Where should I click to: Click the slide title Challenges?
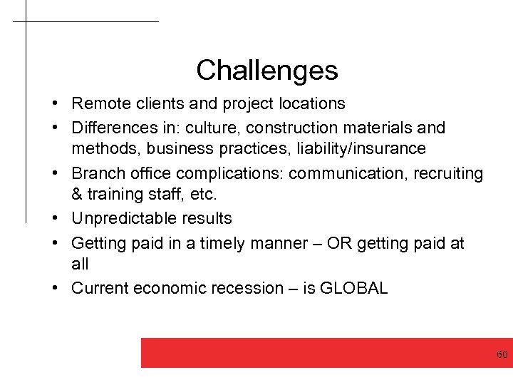click(x=266, y=70)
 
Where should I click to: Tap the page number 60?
click(x=502, y=354)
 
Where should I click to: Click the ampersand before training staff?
click(x=77, y=194)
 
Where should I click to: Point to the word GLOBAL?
click(x=354, y=288)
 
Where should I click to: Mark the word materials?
click(x=392, y=128)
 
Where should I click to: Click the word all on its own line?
click(x=80, y=264)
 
